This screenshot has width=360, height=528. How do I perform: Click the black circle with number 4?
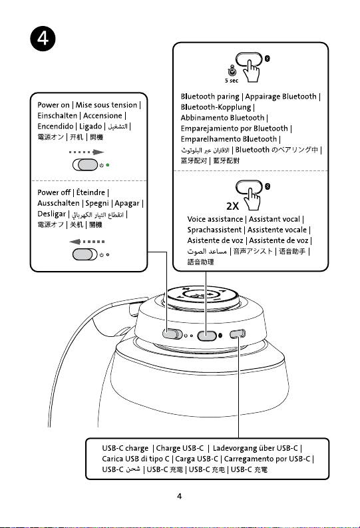[x=43, y=39]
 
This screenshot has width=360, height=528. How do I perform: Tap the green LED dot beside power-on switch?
[x=108, y=165]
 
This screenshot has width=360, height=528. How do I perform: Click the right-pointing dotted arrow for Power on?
[x=87, y=152]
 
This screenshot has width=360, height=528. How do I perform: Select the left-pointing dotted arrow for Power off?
[x=87, y=242]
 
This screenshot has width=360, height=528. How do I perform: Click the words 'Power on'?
[x=53, y=105]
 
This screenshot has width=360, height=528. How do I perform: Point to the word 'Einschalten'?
[x=57, y=116]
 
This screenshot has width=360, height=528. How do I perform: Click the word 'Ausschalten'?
[x=59, y=203]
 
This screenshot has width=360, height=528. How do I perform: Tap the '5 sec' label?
[x=232, y=81]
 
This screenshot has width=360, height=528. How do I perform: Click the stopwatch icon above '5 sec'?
[x=232, y=71]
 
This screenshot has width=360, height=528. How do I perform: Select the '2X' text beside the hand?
[x=232, y=206]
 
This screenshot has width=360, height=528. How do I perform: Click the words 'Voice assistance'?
[x=215, y=219]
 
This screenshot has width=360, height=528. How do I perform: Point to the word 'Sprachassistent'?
[x=215, y=230]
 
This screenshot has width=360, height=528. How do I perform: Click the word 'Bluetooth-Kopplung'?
[x=216, y=107]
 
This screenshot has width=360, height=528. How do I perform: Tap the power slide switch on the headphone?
[x=172, y=334]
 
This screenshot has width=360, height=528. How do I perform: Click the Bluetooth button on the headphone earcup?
[x=206, y=336]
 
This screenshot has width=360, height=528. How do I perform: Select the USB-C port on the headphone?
[x=237, y=334]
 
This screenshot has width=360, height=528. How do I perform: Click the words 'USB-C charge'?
[x=125, y=449]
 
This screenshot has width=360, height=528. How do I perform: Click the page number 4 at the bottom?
[x=179, y=496]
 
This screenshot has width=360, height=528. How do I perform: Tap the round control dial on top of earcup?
[x=202, y=296]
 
